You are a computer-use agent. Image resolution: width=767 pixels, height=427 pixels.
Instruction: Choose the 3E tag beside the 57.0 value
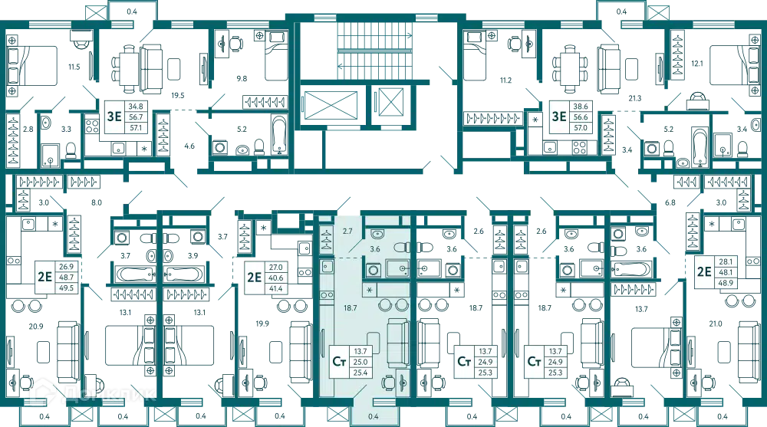(556, 117)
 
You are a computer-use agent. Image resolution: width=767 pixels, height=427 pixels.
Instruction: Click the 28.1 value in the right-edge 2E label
(723, 261)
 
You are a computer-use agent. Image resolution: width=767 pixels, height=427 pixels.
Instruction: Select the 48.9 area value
(723, 282)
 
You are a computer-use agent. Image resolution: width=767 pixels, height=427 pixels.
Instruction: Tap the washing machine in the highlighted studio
(374, 270)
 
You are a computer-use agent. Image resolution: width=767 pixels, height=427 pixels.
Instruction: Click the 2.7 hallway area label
(347, 230)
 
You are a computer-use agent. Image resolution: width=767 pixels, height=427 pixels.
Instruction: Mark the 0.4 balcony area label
(374, 416)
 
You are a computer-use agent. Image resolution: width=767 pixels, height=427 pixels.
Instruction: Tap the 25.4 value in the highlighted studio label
(360, 373)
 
